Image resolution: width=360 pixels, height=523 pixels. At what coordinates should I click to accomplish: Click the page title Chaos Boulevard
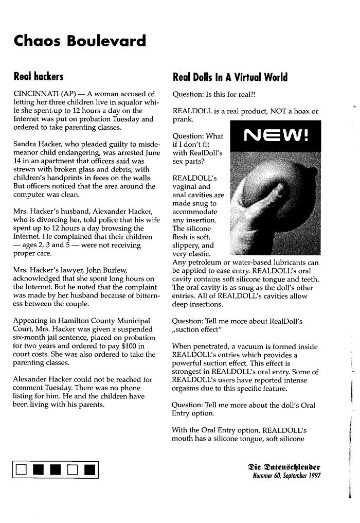point(80,40)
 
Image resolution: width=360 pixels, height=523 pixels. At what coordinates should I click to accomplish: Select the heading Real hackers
point(38,77)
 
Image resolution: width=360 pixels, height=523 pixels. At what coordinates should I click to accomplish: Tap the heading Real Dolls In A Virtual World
point(230,78)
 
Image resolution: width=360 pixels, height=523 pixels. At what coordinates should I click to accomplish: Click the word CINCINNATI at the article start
point(35,94)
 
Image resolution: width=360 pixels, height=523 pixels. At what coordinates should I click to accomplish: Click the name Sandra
point(25,144)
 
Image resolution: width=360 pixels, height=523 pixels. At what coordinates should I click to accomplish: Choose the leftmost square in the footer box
point(21,469)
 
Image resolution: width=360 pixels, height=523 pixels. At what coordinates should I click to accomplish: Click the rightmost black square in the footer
point(89,469)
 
